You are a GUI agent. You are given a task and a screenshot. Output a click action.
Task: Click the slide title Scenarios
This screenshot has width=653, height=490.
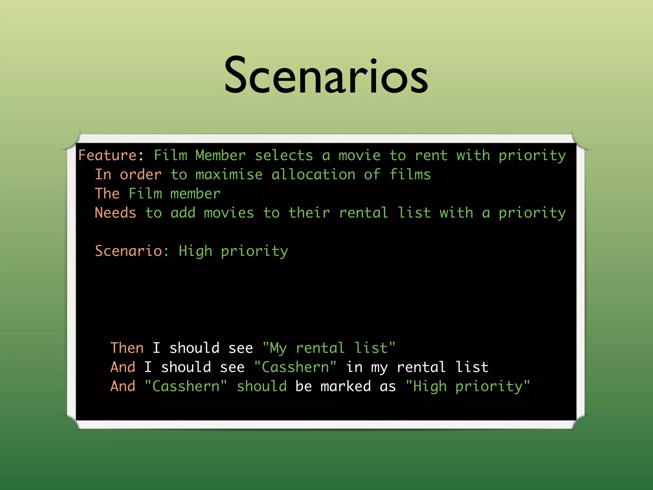pyautogui.click(x=326, y=76)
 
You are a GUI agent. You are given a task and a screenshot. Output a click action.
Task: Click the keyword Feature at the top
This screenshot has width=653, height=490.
pyautogui.click(x=108, y=155)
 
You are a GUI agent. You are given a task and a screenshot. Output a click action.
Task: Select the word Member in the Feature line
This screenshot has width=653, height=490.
pyautogui.click(x=220, y=155)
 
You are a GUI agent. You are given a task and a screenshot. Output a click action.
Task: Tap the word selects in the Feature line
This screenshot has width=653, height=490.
pyautogui.click(x=284, y=155)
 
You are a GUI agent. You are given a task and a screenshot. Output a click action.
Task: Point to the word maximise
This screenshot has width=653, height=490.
pyautogui.click(x=229, y=174)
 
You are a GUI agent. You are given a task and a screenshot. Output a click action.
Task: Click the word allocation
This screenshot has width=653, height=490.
pyautogui.click(x=313, y=174)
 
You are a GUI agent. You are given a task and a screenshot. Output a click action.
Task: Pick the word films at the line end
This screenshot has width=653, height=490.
pyautogui.click(x=410, y=174)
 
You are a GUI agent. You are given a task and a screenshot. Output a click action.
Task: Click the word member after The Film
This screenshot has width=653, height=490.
pyautogui.click(x=195, y=194)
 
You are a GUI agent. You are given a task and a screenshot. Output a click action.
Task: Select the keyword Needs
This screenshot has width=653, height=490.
pyautogui.click(x=115, y=213)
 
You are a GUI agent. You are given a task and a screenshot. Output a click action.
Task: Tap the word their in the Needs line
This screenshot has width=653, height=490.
pyautogui.click(x=309, y=213)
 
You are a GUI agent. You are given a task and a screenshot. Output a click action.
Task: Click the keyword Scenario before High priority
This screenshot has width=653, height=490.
pyautogui.click(x=129, y=251)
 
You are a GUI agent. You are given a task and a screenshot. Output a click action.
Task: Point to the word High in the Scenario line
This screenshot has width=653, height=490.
pyautogui.click(x=195, y=251)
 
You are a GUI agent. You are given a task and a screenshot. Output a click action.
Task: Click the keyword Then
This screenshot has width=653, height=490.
pyautogui.click(x=127, y=348)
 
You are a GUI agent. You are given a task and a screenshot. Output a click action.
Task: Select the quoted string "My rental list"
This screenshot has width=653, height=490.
pyautogui.click(x=329, y=348)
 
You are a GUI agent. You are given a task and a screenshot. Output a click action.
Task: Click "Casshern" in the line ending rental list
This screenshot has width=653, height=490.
pyautogui.click(x=295, y=367)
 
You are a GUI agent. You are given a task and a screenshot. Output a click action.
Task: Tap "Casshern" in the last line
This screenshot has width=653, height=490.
pyautogui.click(x=186, y=386)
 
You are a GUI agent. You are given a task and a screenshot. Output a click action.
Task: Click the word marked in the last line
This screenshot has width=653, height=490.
pyautogui.click(x=346, y=386)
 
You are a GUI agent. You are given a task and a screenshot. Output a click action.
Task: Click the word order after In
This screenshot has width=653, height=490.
pyautogui.click(x=141, y=174)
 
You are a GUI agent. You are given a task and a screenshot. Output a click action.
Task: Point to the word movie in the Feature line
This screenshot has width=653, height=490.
pyautogui.click(x=359, y=155)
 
